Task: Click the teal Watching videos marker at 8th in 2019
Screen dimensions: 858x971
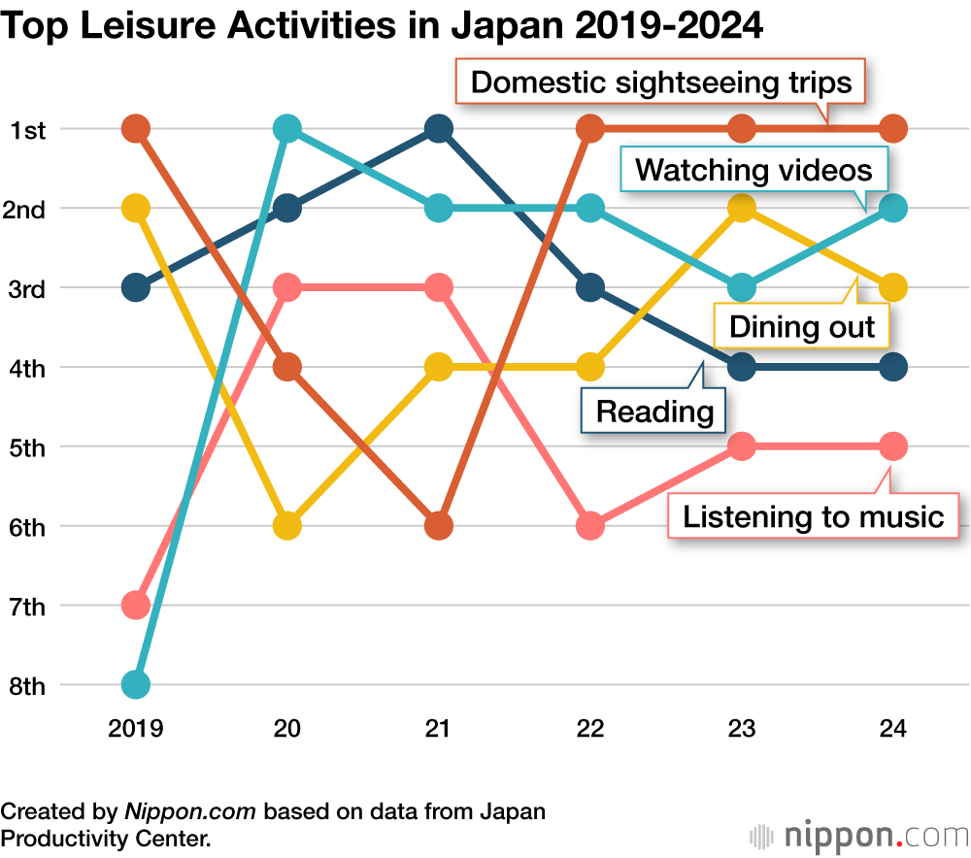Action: tap(136, 685)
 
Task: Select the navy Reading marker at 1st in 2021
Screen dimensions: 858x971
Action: tap(439, 128)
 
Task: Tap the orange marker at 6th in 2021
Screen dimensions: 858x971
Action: tap(439, 526)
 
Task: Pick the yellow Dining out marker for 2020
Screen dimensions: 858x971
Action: tap(287, 526)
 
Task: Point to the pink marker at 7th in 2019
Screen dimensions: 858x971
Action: tap(136, 606)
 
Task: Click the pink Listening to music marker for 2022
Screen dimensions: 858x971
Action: tap(590, 526)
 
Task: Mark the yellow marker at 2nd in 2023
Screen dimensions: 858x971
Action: tap(742, 208)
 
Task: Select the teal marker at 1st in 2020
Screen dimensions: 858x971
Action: tap(287, 128)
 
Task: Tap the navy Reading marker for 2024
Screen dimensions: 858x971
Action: tap(893, 367)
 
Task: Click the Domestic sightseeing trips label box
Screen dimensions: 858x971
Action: tap(660, 82)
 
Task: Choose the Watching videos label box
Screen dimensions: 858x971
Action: tap(753, 171)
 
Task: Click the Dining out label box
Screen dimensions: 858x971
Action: tap(802, 327)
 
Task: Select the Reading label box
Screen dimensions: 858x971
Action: tap(653, 411)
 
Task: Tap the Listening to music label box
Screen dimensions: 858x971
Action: tap(813, 515)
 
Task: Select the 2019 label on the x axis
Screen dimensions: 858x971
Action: tap(136, 729)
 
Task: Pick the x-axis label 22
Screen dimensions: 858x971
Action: tap(590, 729)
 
